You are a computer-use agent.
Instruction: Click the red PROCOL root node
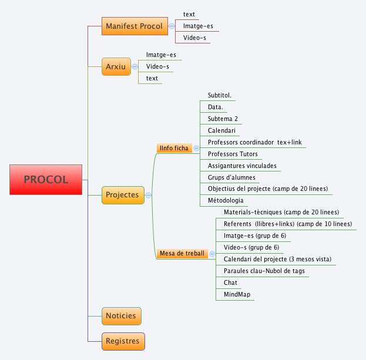pos(46,180)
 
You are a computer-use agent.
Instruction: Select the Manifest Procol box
pos(134,26)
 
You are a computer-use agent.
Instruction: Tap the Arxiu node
pos(116,67)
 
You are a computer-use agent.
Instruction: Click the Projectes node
pos(122,195)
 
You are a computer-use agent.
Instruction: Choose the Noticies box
pos(121,316)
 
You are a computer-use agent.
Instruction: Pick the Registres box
pos(122,341)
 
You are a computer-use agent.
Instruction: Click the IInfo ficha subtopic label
pos(174,148)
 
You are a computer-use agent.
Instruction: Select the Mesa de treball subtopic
pos(182,254)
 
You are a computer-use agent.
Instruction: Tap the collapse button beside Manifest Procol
pos(172,26)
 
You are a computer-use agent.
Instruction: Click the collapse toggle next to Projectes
pos(148,195)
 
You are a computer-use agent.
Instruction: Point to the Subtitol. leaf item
pos(220,95)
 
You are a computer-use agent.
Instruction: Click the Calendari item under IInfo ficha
pos(223,130)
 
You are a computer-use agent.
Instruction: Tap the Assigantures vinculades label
pos(242,166)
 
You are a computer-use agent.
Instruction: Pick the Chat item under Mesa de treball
pos(230,282)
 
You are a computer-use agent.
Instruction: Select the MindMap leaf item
pos(238,294)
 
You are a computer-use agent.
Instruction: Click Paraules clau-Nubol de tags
pos(264,271)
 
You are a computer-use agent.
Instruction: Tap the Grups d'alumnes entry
pos(231,177)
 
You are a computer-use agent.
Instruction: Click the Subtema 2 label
pos(223,119)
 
